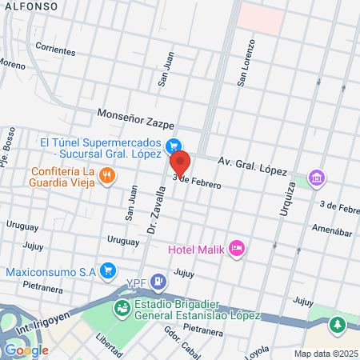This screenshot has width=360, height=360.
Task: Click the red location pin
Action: click(179, 162)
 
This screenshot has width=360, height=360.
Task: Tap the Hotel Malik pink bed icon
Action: click(236, 249)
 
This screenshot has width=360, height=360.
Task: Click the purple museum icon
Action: click(317, 177)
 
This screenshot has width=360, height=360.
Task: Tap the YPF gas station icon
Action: click(159, 281)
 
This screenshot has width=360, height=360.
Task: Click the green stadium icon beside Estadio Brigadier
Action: click(122, 307)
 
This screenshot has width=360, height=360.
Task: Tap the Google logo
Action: click(26, 350)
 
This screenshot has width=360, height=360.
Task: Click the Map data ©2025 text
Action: click(325, 354)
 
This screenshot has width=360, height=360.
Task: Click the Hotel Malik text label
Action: click(196, 249)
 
